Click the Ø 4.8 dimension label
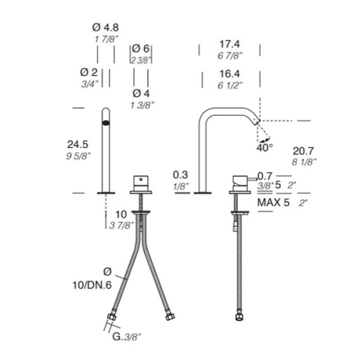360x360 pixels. click(106, 28)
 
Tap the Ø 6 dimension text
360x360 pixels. click(141, 49)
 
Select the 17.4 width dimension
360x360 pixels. click(230, 44)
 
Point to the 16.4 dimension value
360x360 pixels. click(230, 74)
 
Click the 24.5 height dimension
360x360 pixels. click(77, 145)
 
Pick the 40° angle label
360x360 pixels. click(265, 148)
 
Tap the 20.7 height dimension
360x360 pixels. click(303, 151)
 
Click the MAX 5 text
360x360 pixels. click(274, 203)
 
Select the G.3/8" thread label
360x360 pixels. click(126, 337)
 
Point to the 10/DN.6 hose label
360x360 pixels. click(92, 285)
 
